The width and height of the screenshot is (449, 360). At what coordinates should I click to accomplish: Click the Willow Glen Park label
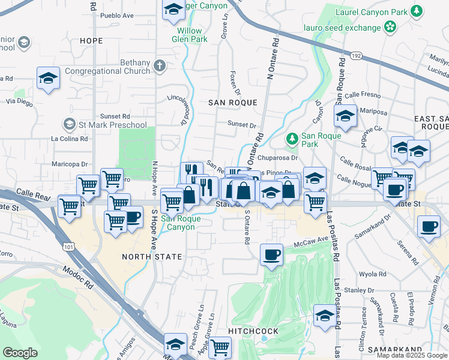pyautogui.click(x=189, y=35)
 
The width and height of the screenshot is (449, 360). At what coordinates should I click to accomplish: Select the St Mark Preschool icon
pyautogui.click(x=69, y=125)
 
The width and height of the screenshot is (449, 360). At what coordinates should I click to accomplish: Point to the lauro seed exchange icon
pyautogui.click(x=391, y=26)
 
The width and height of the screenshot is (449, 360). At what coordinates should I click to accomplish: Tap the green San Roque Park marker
pyautogui.click(x=292, y=139)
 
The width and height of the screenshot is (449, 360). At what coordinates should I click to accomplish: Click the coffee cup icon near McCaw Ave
pyautogui.click(x=271, y=254)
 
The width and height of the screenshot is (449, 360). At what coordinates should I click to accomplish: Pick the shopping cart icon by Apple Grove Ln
pyautogui.click(x=220, y=347)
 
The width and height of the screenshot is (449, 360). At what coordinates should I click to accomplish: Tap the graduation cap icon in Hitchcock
pyautogui.click(x=325, y=316)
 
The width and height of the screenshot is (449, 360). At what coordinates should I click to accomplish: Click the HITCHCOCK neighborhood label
pyautogui.click(x=253, y=331)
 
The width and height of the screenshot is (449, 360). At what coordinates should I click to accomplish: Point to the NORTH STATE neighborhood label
pyautogui.click(x=151, y=257)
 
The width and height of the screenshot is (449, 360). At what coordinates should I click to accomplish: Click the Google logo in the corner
pyautogui.click(x=20, y=352)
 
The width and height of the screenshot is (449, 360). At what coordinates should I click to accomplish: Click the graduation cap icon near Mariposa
pyautogui.click(x=345, y=116)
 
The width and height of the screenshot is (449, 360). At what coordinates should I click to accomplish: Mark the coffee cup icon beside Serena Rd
pyautogui.click(x=429, y=227)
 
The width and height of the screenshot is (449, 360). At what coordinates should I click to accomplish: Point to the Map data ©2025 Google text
pyautogui.click(x=412, y=355)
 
